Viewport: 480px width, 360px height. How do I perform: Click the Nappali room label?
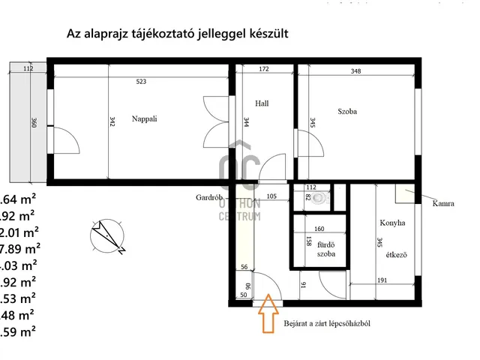pos(144,118)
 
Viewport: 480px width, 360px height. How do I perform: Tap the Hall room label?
pos(262,103)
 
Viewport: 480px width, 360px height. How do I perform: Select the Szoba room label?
pos(347,111)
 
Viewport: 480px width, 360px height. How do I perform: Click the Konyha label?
pos(393,223)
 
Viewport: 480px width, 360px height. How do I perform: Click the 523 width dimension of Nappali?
pos(141,81)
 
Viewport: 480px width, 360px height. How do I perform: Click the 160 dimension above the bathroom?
pos(319,229)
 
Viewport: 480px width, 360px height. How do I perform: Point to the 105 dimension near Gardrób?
pos(271,197)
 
